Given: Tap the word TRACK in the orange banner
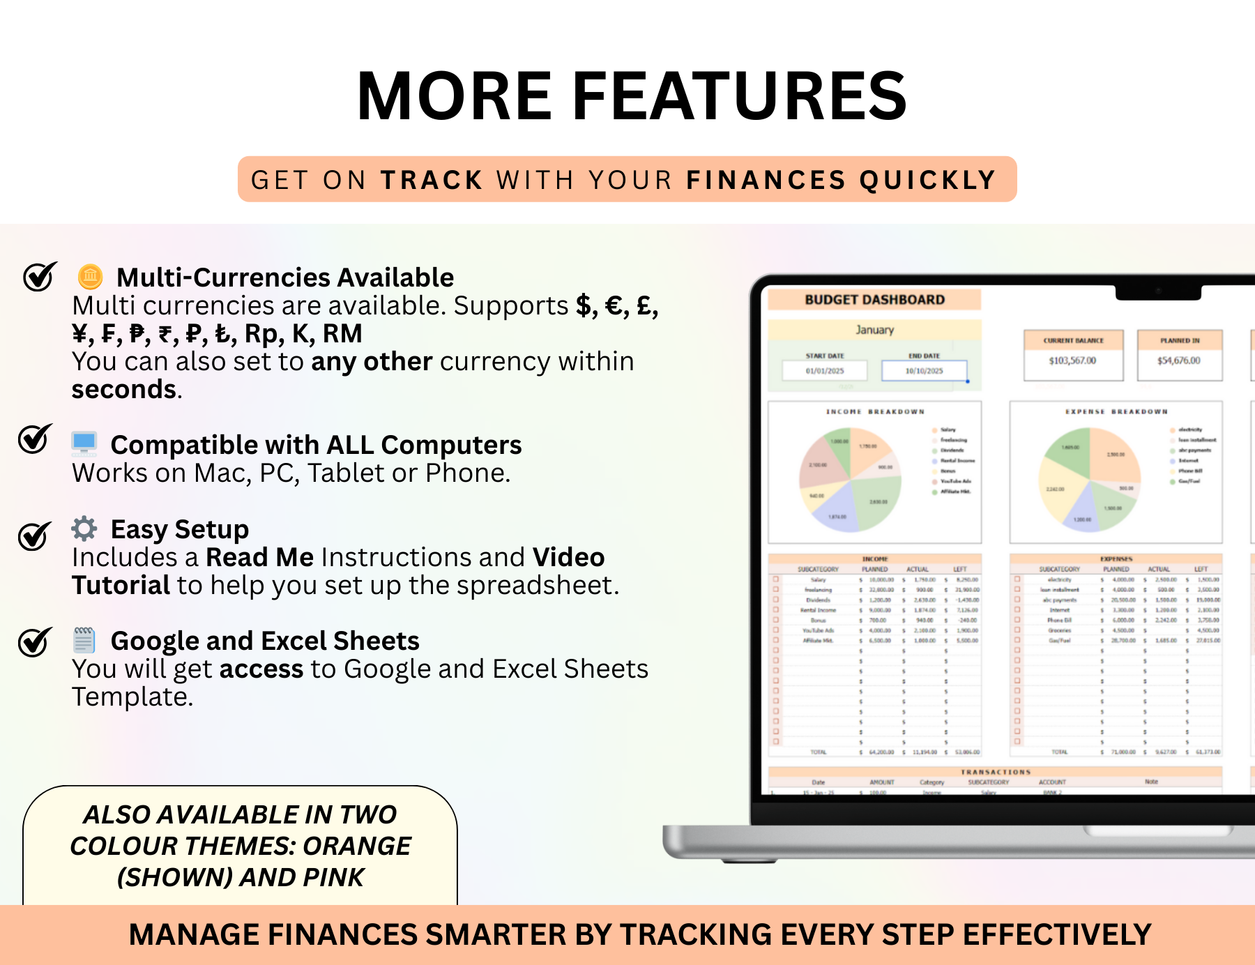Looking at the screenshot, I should (x=432, y=180).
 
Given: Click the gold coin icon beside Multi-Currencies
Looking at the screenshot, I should (x=90, y=277).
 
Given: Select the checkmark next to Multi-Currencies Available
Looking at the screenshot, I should (x=39, y=277).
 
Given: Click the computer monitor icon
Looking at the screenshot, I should (x=84, y=443).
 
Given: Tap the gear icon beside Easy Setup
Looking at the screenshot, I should (x=84, y=529).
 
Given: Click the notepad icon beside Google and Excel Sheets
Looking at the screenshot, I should (x=84, y=639).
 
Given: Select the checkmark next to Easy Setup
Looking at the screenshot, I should (x=34, y=535).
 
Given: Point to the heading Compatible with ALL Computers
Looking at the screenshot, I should (x=316, y=445).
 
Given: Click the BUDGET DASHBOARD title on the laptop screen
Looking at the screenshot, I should (x=874, y=300).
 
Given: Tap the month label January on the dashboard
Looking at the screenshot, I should (x=874, y=330).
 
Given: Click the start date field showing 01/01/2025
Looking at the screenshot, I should (x=825, y=371).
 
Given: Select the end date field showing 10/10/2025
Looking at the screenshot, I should (x=924, y=371).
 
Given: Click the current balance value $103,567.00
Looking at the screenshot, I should (x=1072, y=360).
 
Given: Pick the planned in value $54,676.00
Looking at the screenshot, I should (x=1179, y=360).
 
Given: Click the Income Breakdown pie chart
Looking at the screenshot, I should (x=850, y=480).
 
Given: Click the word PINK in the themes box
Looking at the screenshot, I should (x=335, y=877).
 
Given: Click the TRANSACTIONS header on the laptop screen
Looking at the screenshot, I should (x=995, y=772).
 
